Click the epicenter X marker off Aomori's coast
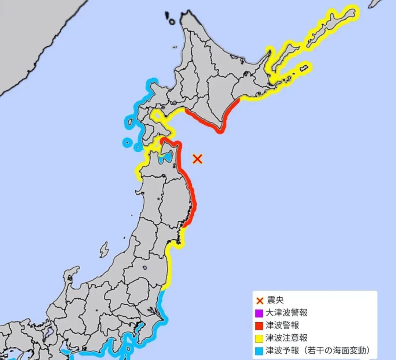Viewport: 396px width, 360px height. pyautogui.click(x=197, y=159)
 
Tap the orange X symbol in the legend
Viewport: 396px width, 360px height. pyautogui.click(x=260, y=301)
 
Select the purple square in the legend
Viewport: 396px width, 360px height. pyautogui.click(x=259, y=313)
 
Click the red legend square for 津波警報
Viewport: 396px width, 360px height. pyautogui.click(x=259, y=326)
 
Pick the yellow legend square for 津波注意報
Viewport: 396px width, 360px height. pyautogui.click(x=259, y=338)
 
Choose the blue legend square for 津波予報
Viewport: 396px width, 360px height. pyautogui.click(x=259, y=351)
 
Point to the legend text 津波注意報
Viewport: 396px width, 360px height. pyautogui.click(x=286, y=338)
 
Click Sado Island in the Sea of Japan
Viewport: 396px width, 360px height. pyautogui.click(x=104, y=250)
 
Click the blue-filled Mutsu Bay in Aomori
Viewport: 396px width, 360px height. pyautogui.click(x=166, y=158)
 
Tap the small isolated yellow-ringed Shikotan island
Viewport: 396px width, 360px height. pyautogui.click(x=304, y=68)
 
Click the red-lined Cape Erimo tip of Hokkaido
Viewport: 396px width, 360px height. pyautogui.click(x=220, y=130)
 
